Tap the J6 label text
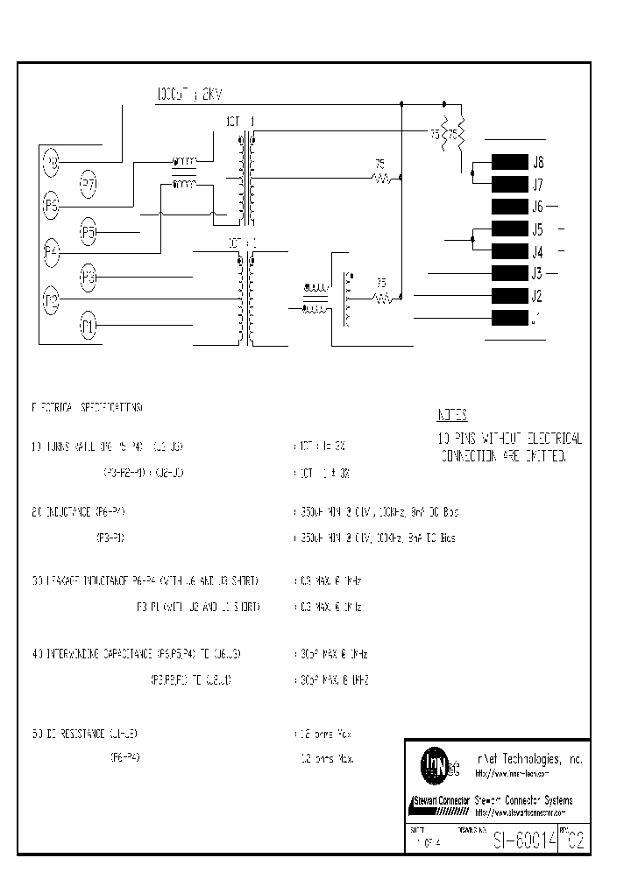(x=537, y=207)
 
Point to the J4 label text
(x=537, y=252)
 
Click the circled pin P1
(x=88, y=327)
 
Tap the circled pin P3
(x=89, y=278)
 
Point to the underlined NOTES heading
(x=452, y=415)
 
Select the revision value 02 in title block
(x=572, y=840)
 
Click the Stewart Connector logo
(x=438, y=801)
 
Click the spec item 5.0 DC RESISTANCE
(x=86, y=733)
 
